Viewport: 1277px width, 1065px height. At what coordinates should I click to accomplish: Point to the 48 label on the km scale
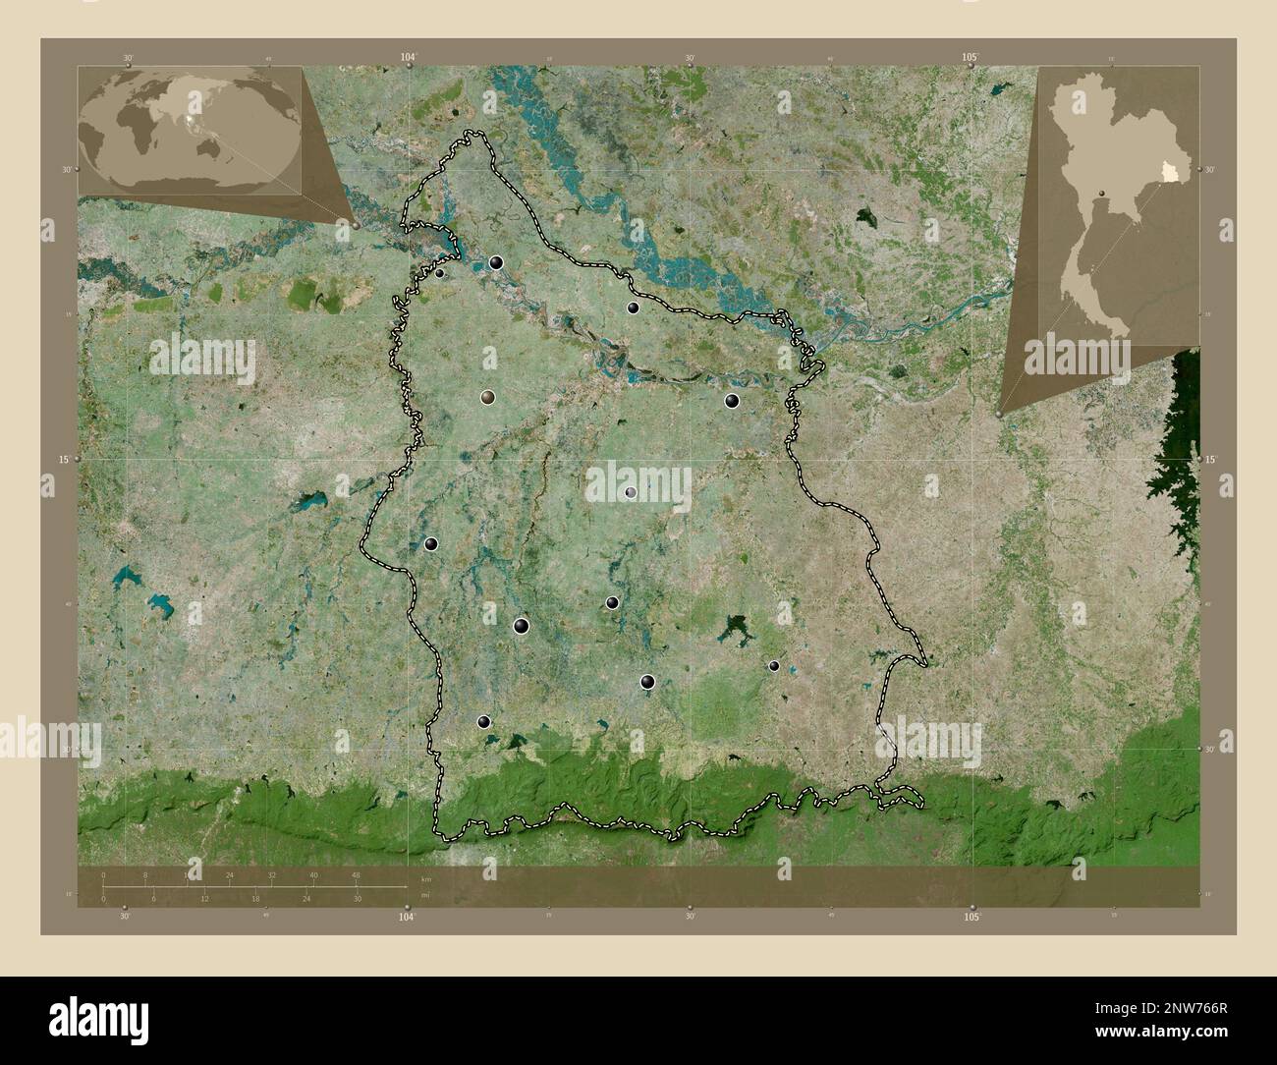coord(356,874)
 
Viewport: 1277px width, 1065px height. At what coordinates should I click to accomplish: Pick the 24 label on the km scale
coord(230,874)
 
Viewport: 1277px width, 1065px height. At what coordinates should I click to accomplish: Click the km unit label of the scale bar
coord(425,878)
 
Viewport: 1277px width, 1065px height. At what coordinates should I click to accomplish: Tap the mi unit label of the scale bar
coord(424,896)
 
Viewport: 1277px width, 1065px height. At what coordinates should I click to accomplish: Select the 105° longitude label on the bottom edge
coord(972,917)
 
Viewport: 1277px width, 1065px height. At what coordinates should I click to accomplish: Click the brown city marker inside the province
coord(487,398)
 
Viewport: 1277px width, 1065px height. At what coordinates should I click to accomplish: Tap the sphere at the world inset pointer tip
coord(355,225)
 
